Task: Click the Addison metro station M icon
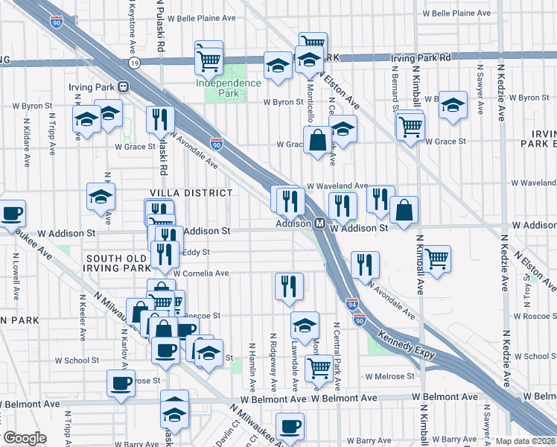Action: [319, 223]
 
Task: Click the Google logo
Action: [24, 438]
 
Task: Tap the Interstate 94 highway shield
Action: [352, 305]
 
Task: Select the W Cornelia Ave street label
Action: [201, 273]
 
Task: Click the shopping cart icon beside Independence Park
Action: [209, 59]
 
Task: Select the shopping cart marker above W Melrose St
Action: [319, 367]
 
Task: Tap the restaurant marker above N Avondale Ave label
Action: [365, 264]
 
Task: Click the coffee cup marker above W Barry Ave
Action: [290, 427]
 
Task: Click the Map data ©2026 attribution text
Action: [524, 441]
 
